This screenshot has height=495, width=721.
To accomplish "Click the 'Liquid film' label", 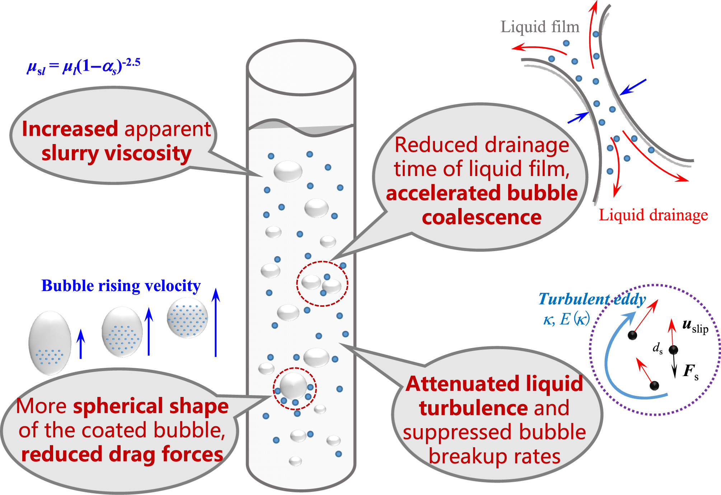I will point(540,27).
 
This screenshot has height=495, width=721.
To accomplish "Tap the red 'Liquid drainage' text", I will point(653,215).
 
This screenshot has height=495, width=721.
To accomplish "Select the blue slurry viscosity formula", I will point(84,66).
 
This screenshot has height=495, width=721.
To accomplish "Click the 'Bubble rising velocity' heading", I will point(121,286).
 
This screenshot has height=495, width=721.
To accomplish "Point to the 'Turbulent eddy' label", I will point(592,299).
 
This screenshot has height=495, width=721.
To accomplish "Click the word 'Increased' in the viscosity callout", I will point(70,129).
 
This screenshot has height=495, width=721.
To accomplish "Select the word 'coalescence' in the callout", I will point(482,217).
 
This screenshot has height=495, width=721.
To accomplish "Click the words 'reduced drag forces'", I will point(122,454).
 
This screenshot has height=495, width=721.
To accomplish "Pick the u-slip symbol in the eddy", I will point(695,326).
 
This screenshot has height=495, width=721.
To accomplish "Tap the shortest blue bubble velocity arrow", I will point(81,344).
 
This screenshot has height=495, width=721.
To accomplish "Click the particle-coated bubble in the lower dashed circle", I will point(294,386).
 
